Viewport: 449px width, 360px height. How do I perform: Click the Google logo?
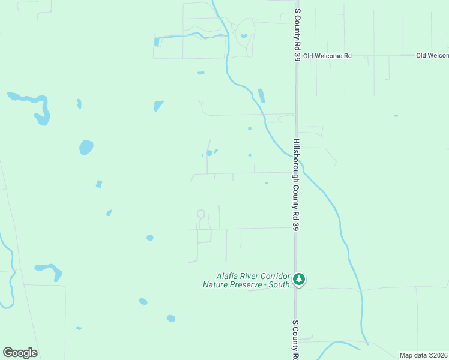[20, 353]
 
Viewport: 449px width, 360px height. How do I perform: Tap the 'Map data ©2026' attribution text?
[423, 355]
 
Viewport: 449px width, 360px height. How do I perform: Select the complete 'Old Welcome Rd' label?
[327, 56]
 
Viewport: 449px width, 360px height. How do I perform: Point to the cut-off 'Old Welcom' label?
[432, 56]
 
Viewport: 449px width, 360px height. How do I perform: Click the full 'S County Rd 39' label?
[297, 35]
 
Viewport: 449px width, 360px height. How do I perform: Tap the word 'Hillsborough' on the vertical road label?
[296, 160]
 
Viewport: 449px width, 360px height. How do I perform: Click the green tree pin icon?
[299, 279]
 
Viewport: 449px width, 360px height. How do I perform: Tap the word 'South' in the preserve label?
[279, 284]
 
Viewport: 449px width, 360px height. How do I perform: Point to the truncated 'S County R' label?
[295, 339]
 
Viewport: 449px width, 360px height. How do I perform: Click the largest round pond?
[86, 147]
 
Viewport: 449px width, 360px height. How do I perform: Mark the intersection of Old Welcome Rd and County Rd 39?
[295, 56]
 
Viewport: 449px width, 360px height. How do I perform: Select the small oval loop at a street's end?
[200, 214]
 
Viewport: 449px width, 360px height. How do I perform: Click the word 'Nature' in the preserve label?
[217, 284]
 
